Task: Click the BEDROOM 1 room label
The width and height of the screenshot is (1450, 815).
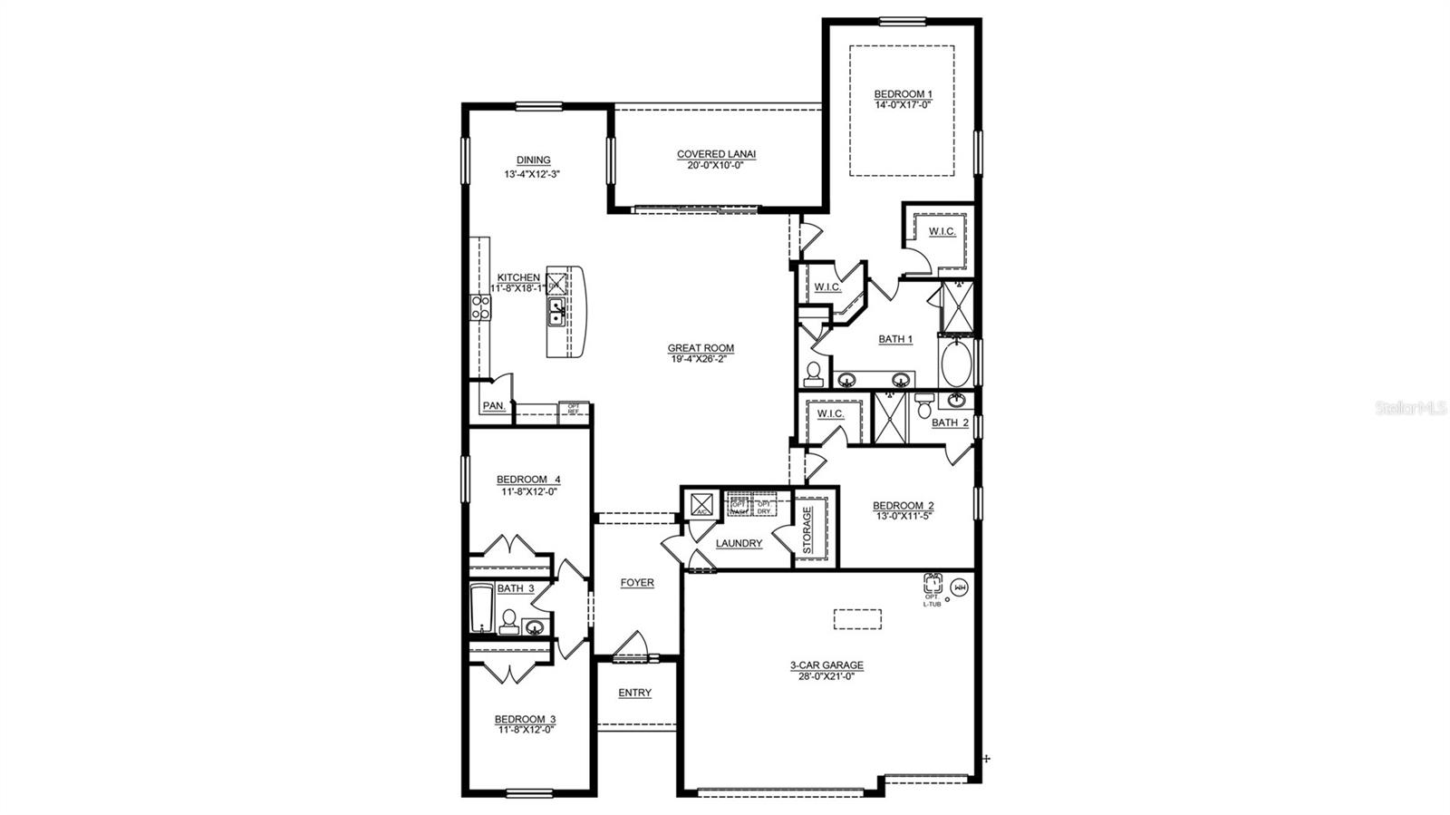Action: pyautogui.click(x=902, y=94)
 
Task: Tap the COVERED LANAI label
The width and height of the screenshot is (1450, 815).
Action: pyautogui.click(x=716, y=154)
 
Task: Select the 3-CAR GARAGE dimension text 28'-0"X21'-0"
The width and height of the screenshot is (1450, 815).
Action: pyautogui.click(x=826, y=676)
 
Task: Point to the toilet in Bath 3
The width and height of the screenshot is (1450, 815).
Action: pyautogui.click(x=508, y=621)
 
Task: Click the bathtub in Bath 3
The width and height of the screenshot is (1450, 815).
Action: pyautogui.click(x=480, y=608)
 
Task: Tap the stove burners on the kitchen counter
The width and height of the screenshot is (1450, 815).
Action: pyautogui.click(x=479, y=308)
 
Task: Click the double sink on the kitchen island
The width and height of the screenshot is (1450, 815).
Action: pyautogui.click(x=556, y=313)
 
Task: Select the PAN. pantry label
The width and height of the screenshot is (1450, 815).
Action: pyautogui.click(x=493, y=406)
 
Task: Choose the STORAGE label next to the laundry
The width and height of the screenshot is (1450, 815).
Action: pyautogui.click(x=807, y=529)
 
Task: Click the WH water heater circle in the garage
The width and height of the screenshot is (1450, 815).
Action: pyautogui.click(x=962, y=587)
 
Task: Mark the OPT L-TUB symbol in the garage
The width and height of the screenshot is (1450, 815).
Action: pyautogui.click(x=933, y=584)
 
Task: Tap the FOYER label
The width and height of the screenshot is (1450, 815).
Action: pyautogui.click(x=637, y=583)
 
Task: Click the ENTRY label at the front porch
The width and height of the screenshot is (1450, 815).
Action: pyautogui.click(x=634, y=693)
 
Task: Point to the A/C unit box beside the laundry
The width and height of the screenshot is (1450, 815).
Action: pyautogui.click(x=701, y=504)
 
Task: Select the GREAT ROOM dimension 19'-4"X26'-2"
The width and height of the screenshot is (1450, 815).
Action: pyautogui.click(x=701, y=359)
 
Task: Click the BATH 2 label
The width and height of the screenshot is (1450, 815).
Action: pyautogui.click(x=950, y=422)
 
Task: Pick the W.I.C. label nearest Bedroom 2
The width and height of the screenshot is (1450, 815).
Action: pyautogui.click(x=830, y=414)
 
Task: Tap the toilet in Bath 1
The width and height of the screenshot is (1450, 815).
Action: pyautogui.click(x=813, y=373)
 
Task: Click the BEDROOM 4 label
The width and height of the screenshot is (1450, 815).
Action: pyautogui.click(x=528, y=480)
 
